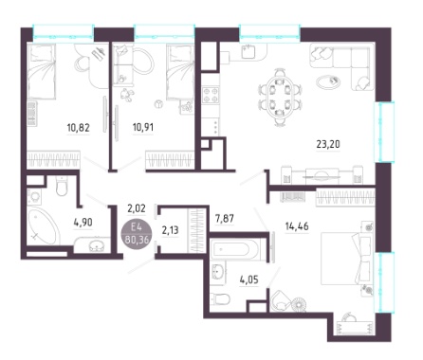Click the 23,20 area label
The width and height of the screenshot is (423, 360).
pos(328,144)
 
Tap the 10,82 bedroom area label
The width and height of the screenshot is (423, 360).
pos(79,128)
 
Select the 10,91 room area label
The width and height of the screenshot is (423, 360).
pos(143,127)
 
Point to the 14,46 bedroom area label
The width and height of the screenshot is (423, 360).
pos(297,226)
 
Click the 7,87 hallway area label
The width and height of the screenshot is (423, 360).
pos(225,218)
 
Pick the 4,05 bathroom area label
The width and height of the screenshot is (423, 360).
pos(248,279)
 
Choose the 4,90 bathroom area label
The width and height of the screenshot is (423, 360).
pos(83,223)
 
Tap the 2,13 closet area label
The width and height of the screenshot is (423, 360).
pos(170,230)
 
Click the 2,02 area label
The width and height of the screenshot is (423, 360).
pos(137,208)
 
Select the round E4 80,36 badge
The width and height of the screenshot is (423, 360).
pos(137,233)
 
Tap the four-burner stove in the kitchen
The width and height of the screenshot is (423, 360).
pos(211,95)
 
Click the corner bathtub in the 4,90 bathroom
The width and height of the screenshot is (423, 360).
pos(43,225)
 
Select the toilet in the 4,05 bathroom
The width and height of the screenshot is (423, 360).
pos(220,298)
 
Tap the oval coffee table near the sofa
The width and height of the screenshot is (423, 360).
pos(328,81)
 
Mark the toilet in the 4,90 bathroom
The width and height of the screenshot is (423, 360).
pos(62,186)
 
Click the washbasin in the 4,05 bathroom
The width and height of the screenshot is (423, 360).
pos(217,272)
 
